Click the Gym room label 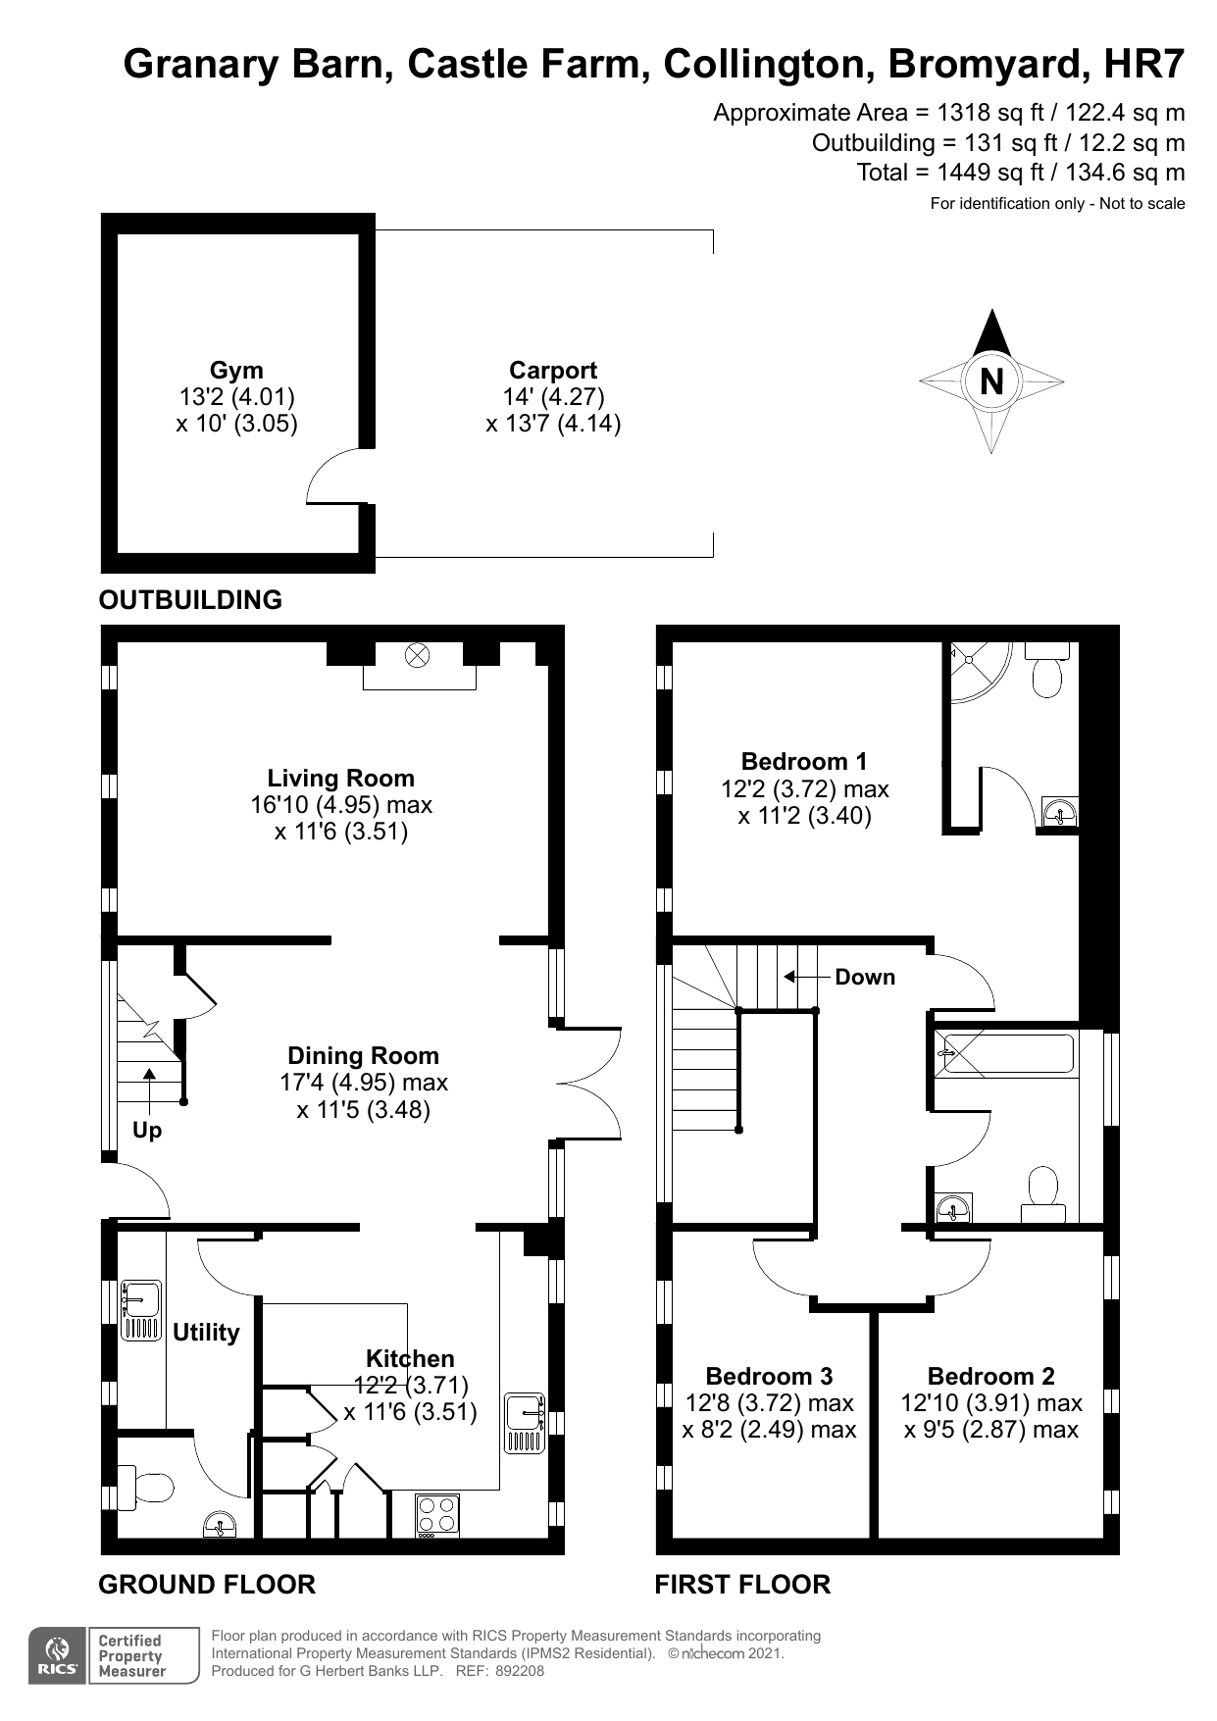[236, 371]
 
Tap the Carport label [553, 371]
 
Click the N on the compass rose [991, 381]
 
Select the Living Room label [340, 779]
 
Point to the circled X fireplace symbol [418, 655]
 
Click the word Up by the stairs [147, 1131]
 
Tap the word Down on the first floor [865, 978]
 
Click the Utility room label [206, 1333]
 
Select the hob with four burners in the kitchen [436, 1514]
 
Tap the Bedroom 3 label [769, 1377]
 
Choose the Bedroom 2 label [990, 1377]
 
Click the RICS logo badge [57, 1656]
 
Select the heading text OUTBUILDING [190, 600]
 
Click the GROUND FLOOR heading [207, 1585]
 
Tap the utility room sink [141, 1310]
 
